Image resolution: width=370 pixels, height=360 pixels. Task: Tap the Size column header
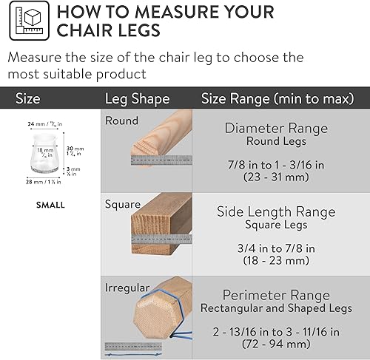27,98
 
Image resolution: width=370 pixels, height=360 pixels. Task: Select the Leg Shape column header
137,98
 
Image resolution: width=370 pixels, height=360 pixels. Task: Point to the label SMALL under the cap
50,205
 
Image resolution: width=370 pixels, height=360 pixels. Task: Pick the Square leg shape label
121,203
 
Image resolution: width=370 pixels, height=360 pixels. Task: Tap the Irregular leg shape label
127,287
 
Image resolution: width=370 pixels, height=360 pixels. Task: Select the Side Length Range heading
275,211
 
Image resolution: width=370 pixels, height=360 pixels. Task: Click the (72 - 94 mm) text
276,345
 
